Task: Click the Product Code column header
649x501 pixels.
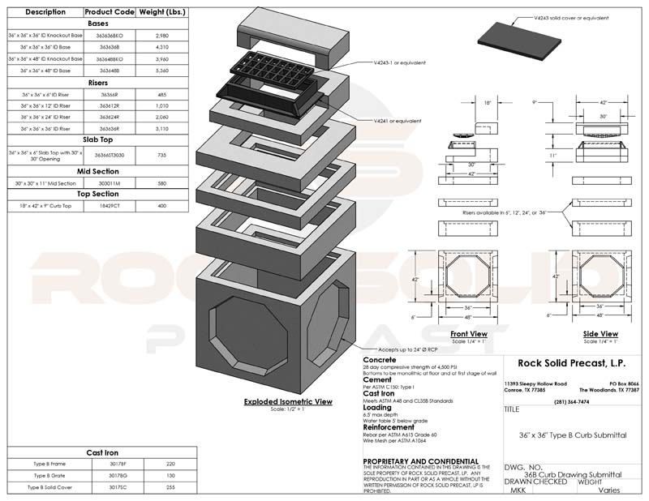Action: pos(109,13)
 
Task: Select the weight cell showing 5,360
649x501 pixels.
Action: pos(163,71)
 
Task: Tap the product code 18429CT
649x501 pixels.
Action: pos(109,207)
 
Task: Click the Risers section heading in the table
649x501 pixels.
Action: pos(97,83)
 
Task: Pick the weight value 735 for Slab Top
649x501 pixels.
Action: pos(163,155)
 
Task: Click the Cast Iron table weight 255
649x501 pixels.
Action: pos(170,487)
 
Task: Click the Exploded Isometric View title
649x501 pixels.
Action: pos(289,401)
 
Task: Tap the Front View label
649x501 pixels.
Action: pos(468,333)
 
